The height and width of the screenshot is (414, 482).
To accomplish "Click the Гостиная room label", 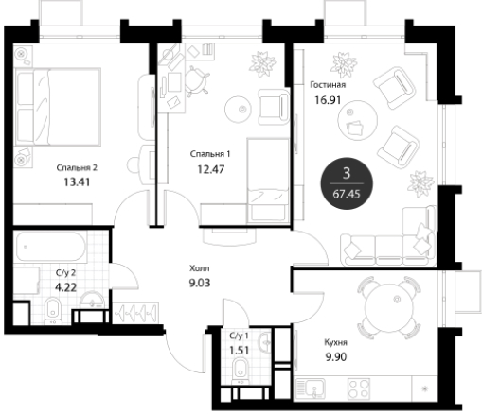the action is [x=328, y=85].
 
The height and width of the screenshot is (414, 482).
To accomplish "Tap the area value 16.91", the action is [x=328, y=100].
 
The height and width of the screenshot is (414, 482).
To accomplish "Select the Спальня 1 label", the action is [x=210, y=154].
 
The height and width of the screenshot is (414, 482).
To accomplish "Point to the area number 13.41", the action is [x=77, y=182].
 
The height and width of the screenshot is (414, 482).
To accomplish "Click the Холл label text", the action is [x=199, y=268].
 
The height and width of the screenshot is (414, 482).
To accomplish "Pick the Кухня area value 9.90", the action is [x=336, y=357].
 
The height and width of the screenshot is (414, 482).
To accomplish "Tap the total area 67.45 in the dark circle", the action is [x=347, y=194].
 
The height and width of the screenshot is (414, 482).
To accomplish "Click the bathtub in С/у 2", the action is [x=51, y=248].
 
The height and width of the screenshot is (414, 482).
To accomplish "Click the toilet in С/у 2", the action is [x=53, y=311].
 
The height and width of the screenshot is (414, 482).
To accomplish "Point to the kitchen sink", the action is [x=311, y=388].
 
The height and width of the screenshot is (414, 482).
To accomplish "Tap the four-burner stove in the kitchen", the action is [x=359, y=388].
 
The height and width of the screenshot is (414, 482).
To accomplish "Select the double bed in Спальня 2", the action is [x=58, y=107].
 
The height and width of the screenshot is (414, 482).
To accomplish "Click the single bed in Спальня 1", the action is [x=268, y=181].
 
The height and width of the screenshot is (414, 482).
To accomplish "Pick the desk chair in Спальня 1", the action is [x=196, y=81].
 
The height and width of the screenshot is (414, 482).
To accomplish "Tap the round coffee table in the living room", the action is [x=358, y=120].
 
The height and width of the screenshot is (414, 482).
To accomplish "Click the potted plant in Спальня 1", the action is [x=262, y=64].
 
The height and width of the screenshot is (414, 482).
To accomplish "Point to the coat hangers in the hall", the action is [x=135, y=313].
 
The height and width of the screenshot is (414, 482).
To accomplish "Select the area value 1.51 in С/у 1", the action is [x=240, y=351].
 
